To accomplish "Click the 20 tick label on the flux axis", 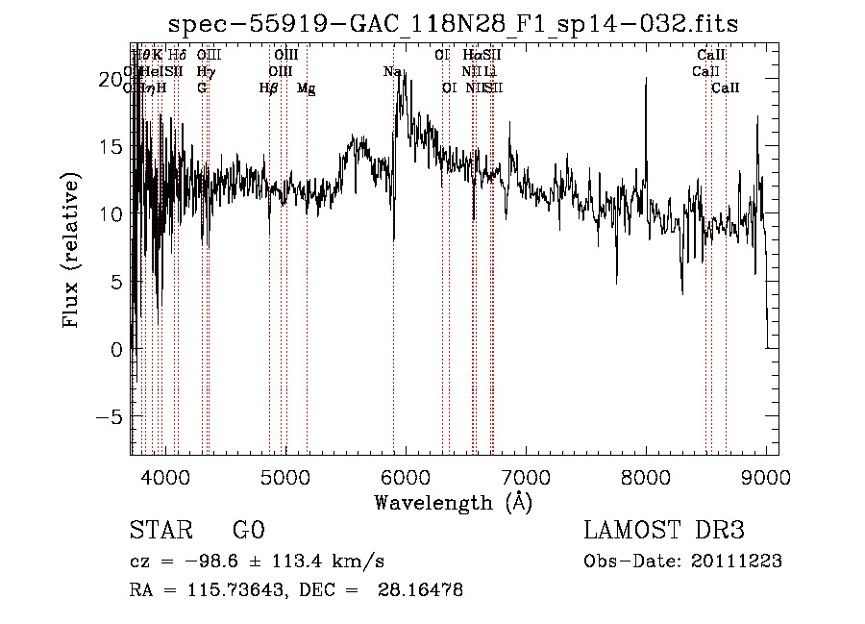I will click(x=111, y=79).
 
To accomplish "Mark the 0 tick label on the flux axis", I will click(x=117, y=350).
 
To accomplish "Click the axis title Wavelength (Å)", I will click(x=453, y=502).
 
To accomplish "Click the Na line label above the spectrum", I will click(x=392, y=72).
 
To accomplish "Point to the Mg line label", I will click(x=307, y=88).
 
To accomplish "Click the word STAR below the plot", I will click(x=160, y=531).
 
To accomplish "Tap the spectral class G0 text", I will click(x=248, y=531).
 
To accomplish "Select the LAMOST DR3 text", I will click(x=663, y=531).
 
